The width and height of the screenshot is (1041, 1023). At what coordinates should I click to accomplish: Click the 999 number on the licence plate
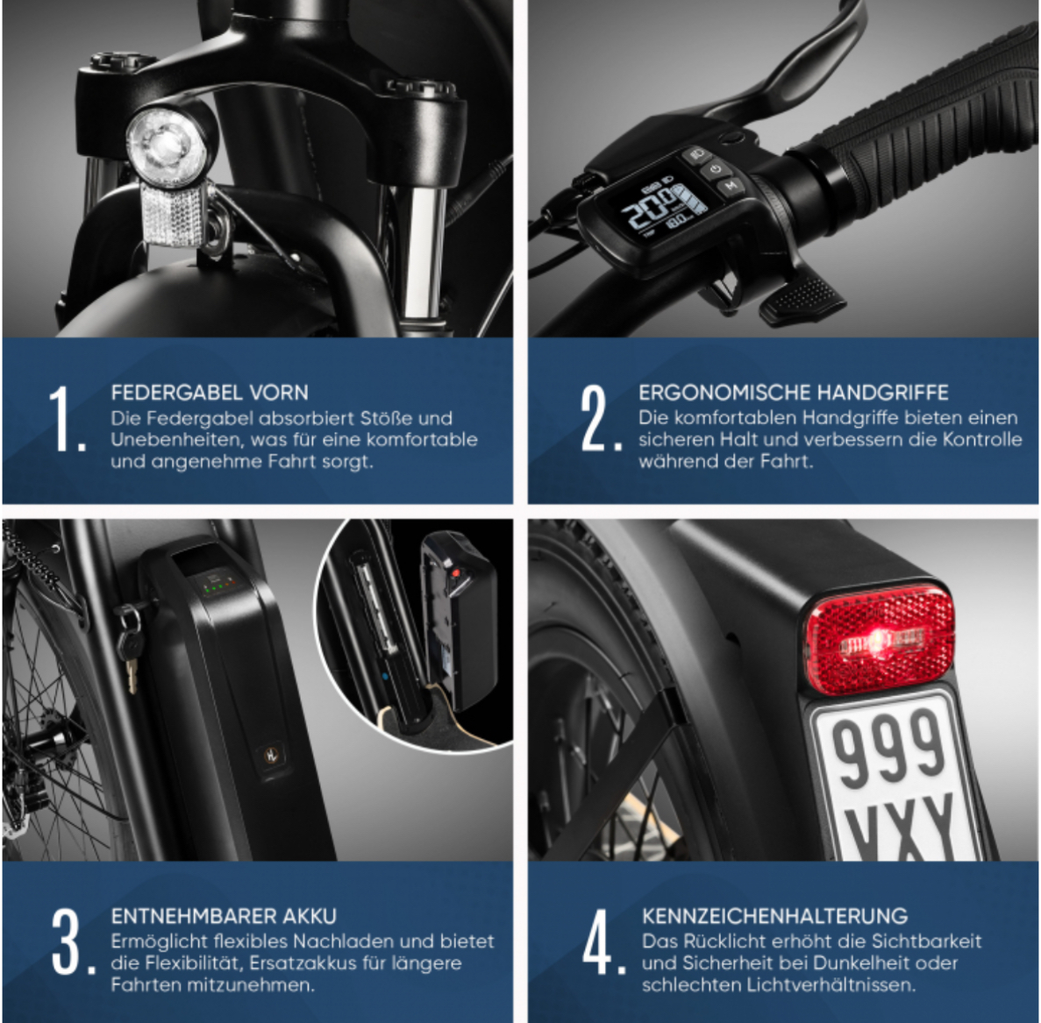coord(888,744)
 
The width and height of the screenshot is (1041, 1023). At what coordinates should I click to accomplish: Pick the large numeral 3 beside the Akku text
coord(67,942)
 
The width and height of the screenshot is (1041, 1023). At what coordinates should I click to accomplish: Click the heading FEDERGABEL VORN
coord(210,393)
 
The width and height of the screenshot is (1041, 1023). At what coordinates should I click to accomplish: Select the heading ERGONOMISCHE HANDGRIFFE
coord(793,393)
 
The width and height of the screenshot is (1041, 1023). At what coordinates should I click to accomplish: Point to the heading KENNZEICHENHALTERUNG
coord(774,916)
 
